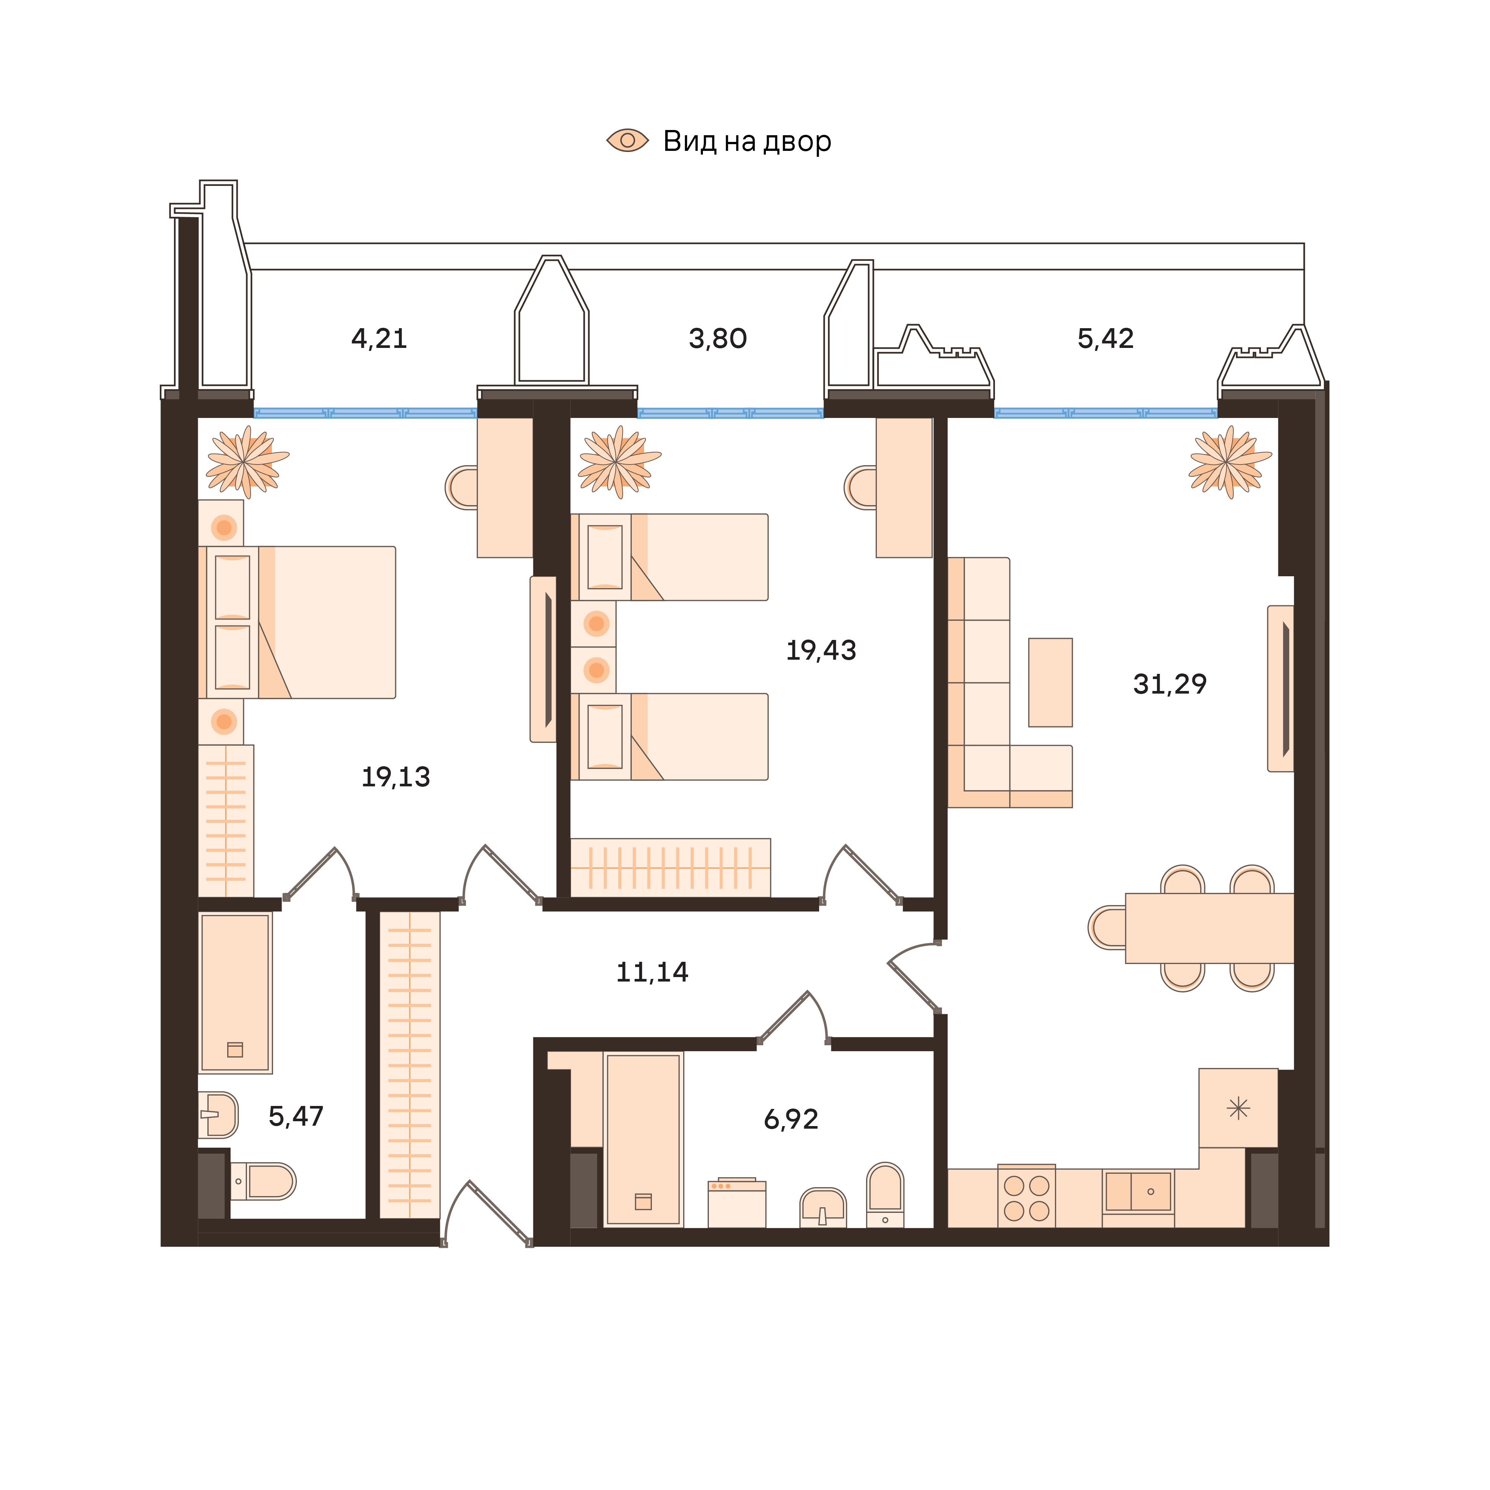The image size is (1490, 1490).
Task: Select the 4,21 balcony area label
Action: (379, 339)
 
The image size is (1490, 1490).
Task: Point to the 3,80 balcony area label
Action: (717, 339)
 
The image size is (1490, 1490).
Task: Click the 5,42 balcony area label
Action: (1105, 339)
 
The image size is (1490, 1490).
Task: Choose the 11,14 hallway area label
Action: (652, 972)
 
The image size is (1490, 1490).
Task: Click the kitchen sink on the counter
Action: (1138, 1192)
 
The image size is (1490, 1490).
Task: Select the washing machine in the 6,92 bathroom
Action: (736, 1203)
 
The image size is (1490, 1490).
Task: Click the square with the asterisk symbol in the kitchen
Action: (1238, 1108)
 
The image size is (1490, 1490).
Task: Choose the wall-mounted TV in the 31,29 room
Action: (1281, 689)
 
